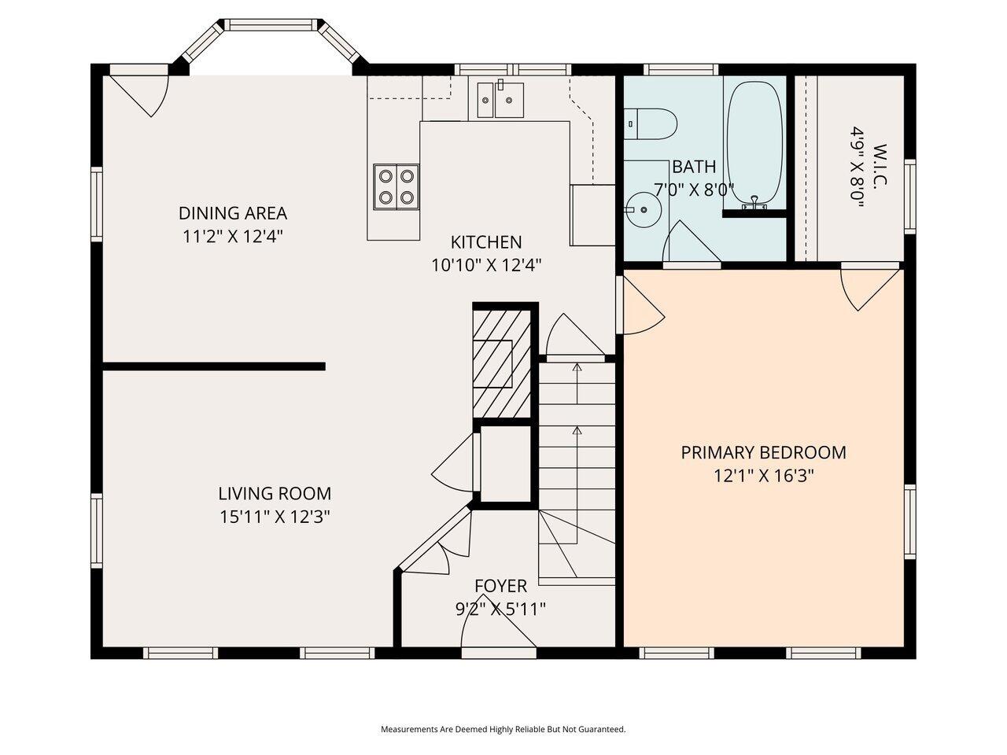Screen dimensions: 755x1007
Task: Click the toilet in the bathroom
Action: point(653,123)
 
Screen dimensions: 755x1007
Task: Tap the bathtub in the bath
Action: point(754,143)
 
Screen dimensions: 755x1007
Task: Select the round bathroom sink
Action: point(644,210)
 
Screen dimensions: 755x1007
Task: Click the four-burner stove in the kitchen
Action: point(396,186)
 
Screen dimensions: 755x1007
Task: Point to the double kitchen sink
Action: point(497,99)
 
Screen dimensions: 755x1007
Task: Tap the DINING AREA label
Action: point(232,213)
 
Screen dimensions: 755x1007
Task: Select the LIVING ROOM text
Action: point(275,494)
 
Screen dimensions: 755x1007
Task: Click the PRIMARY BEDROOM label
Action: point(763,453)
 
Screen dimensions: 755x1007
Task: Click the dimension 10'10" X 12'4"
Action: point(485,265)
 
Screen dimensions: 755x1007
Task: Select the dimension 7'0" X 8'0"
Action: point(693,190)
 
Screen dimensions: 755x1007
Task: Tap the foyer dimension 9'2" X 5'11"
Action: point(500,609)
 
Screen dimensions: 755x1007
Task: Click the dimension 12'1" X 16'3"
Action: point(763,476)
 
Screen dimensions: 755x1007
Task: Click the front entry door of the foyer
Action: point(499,633)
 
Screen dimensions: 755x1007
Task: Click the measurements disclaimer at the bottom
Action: point(503,730)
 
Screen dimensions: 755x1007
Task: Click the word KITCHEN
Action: point(485,242)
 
